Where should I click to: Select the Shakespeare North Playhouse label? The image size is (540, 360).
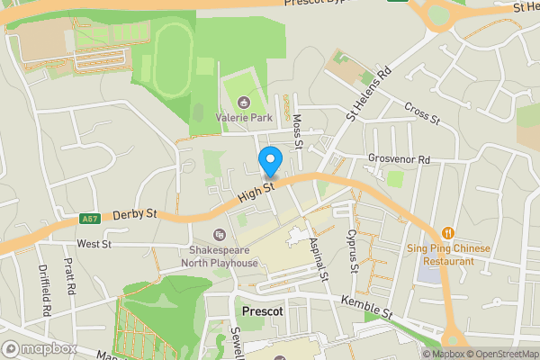pyautogui.click(x=223, y=256)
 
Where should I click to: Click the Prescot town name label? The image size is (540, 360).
pyautogui.click(x=264, y=311)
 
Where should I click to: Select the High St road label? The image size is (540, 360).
pyautogui.click(x=257, y=192)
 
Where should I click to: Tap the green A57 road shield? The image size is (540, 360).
pyautogui.click(x=89, y=219)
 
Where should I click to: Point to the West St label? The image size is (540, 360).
pyautogui.click(x=94, y=243)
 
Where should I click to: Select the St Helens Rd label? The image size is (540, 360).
pyautogui.click(x=370, y=92)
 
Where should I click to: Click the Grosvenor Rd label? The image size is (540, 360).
pyautogui.click(x=399, y=159)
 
